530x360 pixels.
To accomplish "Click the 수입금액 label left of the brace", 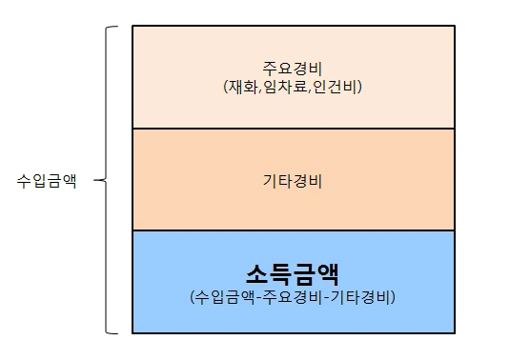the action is click(47, 180).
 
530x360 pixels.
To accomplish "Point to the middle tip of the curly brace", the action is click(100, 180).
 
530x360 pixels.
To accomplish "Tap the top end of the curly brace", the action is click(117, 28).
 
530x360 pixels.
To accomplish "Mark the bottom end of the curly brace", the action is click(117, 332).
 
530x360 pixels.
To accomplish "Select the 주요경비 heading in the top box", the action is click(292, 69).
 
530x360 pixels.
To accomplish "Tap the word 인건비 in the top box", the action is click(337, 87).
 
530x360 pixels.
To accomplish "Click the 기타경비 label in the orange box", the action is click(292, 180).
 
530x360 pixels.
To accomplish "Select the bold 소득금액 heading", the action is click(292, 274).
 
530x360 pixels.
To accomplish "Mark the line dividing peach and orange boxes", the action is click(292, 129).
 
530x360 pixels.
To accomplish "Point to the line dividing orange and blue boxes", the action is click(292, 230).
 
